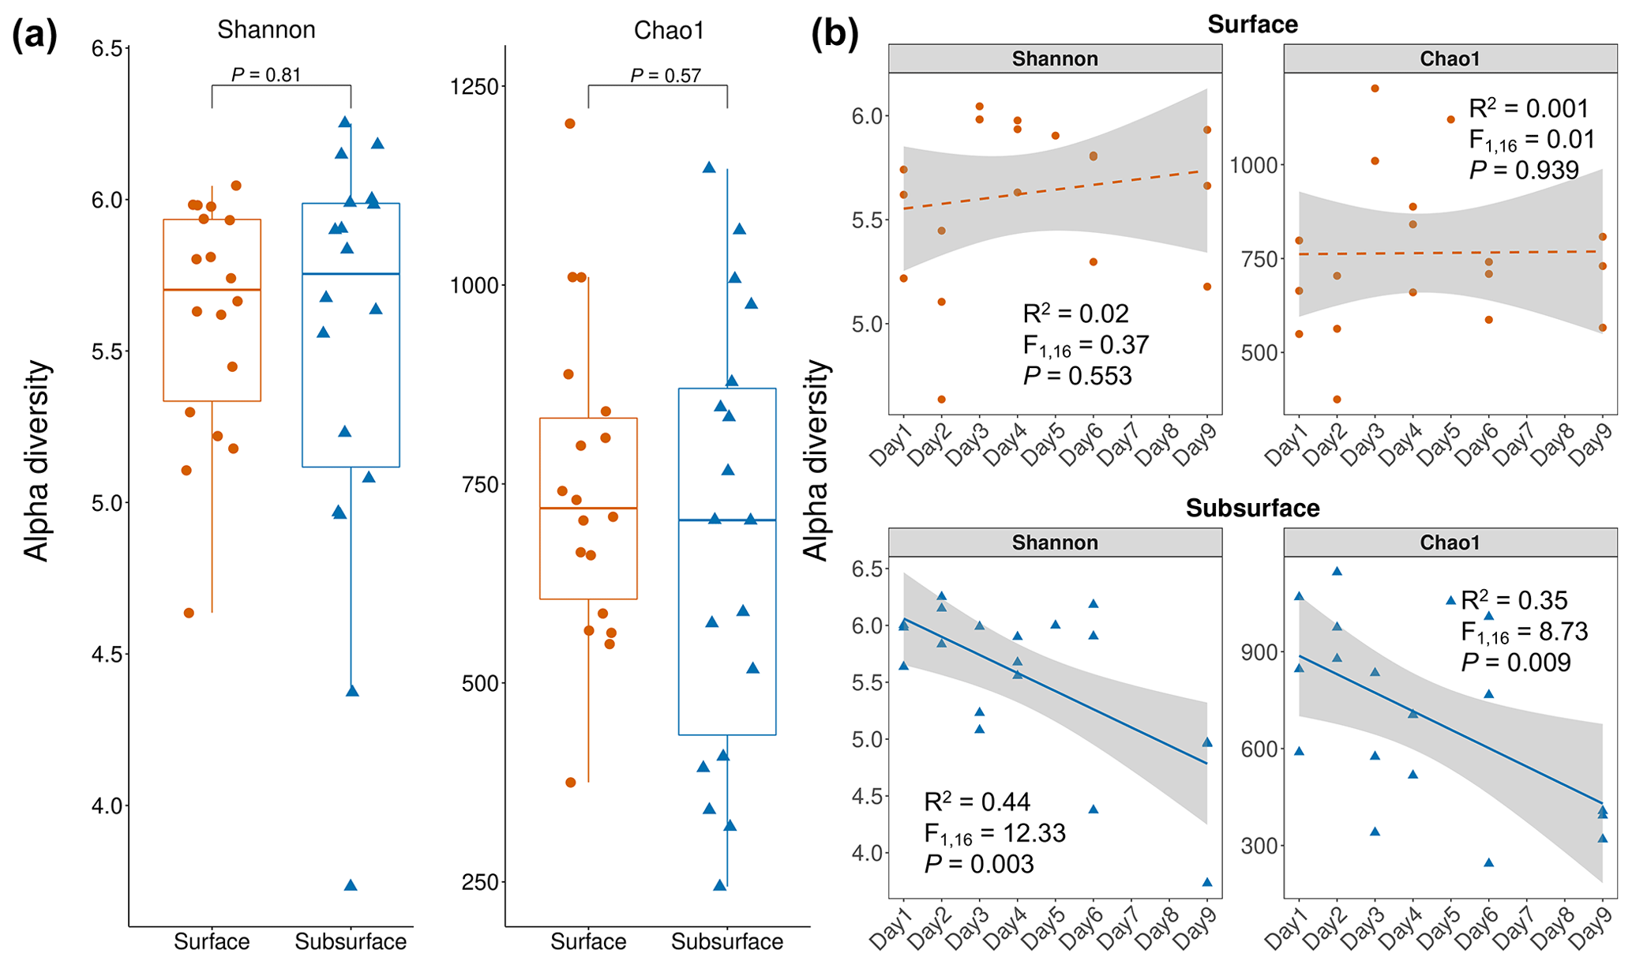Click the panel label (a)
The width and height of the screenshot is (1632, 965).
click(35, 36)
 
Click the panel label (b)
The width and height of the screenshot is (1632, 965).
click(835, 36)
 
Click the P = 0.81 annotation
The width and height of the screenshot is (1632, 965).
click(266, 75)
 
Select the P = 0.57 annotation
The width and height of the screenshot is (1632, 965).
click(666, 76)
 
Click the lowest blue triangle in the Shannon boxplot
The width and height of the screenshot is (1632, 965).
click(351, 885)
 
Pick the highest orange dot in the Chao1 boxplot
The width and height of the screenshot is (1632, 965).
click(570, 123)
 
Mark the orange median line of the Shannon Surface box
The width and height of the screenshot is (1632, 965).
click(212, 290)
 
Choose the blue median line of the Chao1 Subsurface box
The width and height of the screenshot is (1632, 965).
click(727, 520)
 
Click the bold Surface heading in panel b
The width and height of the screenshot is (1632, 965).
click(1252, 24)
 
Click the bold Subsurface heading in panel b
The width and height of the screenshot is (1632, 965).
click(1252, 508)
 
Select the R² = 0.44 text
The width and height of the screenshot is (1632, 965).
click(977, 802)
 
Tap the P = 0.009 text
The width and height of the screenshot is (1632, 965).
click(1516, 662)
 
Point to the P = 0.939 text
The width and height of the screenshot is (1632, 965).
click(1524, 170)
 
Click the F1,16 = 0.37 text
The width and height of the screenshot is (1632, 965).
click(1086, 345)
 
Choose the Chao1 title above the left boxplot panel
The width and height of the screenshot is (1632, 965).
click(669, 31)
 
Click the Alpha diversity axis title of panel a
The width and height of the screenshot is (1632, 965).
click(36, 461)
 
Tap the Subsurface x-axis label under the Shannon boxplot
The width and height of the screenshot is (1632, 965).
click(351, 941)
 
